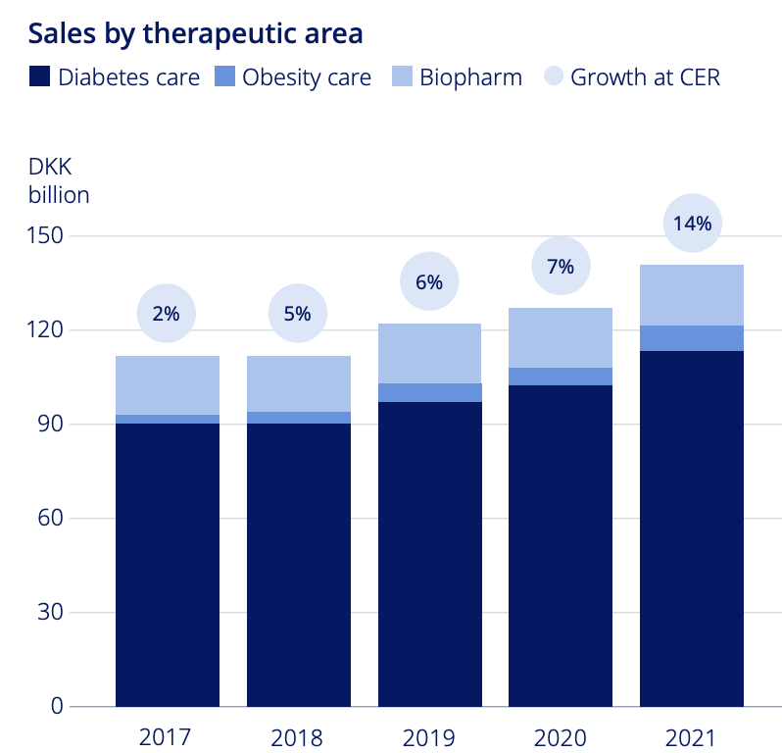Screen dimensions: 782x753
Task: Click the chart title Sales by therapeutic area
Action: click(x=196, y=34)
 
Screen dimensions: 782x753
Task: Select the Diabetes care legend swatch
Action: click(x=39, y=76)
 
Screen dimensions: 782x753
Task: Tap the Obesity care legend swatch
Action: click(x=225, y=76)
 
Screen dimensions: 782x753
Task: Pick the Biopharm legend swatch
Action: click(x=402, y=76)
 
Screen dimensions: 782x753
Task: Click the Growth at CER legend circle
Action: click(x=554, y=75)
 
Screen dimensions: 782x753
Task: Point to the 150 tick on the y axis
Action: click(x=45, y=235)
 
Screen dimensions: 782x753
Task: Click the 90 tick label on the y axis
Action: click(x=50, y=424)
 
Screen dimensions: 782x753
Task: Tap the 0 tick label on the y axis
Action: click(x=57, y=706)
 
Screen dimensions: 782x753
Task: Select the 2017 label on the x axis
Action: click(x=165, y=737)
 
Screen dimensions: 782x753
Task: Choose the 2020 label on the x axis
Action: click(x=561, y=737)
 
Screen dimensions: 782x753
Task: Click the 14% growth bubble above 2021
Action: click(x=692, y=223)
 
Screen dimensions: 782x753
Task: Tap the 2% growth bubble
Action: click(x=166, y=314)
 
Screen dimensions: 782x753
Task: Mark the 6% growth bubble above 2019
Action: click(x=429, y=281)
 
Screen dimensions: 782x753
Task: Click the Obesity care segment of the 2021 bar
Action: click(x=692, y=338)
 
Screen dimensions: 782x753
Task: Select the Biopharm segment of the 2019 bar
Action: click(x=429, y=353)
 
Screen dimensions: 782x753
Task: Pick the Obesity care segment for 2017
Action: click(x=168, y=420)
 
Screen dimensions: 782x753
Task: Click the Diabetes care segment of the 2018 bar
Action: click(x=299, y=565)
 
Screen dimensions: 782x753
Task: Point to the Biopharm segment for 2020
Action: click(x=561, y=338)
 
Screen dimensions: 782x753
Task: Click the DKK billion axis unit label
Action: click(x=59, y=181)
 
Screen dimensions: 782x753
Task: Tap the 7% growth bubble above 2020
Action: click(x=562, y=266)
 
